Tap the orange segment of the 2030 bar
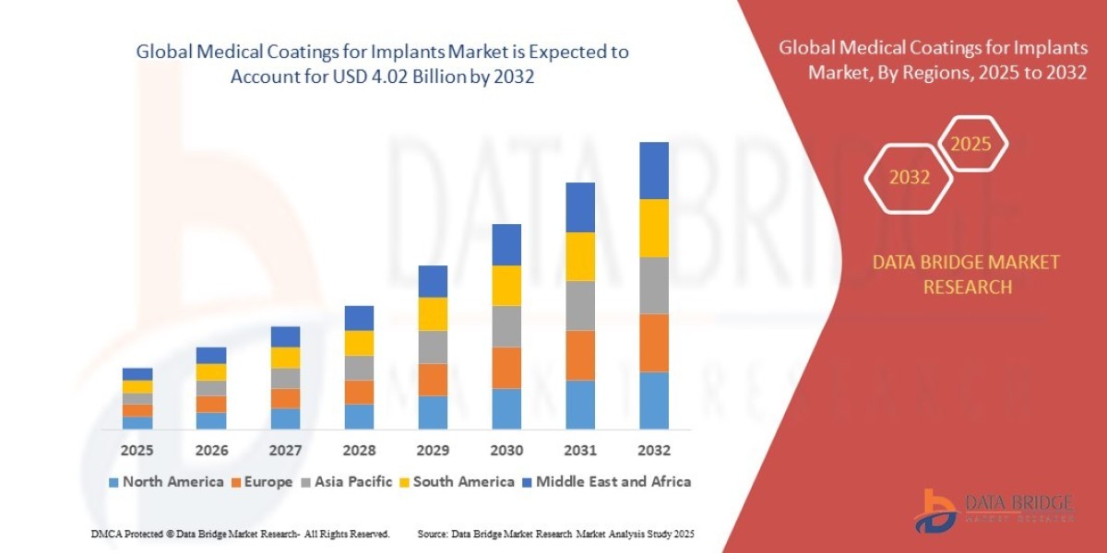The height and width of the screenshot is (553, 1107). [506, 367]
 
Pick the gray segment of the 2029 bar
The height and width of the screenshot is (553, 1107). [432, 347]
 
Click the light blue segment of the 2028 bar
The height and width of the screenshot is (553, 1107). [359, 417]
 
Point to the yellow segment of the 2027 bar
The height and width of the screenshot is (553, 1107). [285, 358]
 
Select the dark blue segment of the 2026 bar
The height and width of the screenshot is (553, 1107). [211, 355]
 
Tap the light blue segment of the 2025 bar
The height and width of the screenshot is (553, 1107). [137, 422]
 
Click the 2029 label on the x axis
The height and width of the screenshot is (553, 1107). [432, 451]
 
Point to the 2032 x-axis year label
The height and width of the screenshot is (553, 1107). [653, 451]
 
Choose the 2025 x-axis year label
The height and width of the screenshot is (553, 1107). [137, 451]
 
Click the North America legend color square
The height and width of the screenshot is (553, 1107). [113, 482]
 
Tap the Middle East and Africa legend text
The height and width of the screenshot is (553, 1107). [613, 481]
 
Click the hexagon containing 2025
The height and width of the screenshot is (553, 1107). [970, 145]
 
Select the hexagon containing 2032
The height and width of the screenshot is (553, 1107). [909, 178]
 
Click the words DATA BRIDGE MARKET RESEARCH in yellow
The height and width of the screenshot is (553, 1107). [965, 275]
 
